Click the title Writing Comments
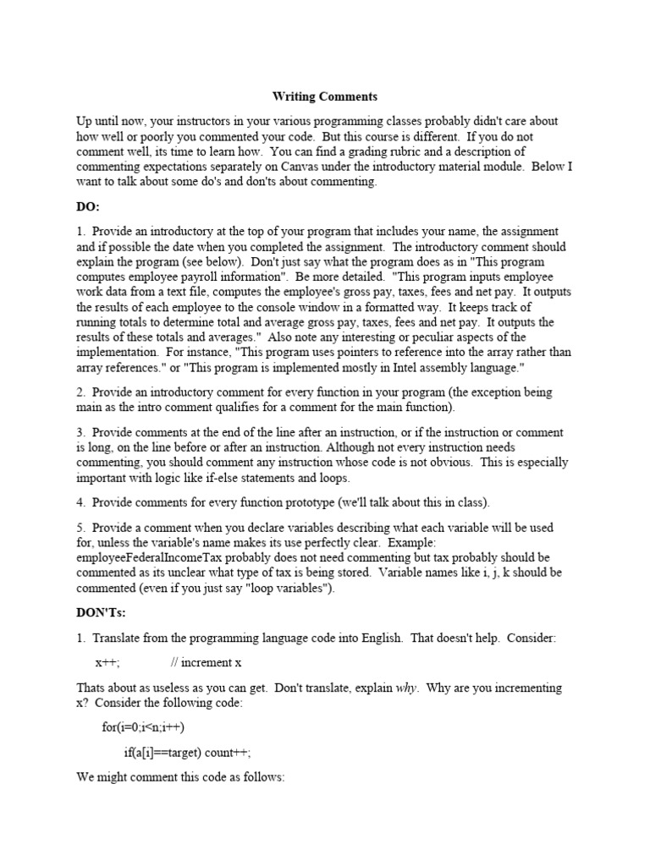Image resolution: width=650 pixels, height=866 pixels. coord(324,97)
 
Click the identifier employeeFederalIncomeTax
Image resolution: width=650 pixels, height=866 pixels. coord(147,557)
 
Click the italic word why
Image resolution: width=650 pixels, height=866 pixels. coord(406,688)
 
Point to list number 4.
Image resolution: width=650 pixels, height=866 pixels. coord(80,502)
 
